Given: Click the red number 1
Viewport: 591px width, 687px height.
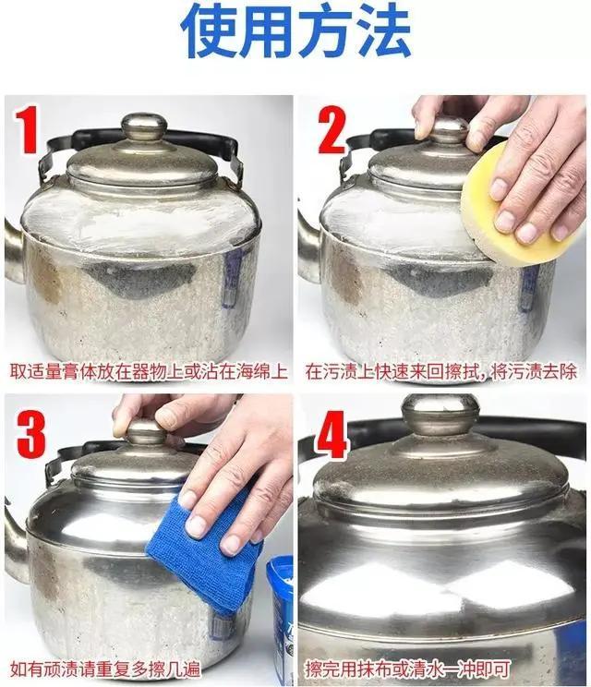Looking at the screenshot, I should point(29,130).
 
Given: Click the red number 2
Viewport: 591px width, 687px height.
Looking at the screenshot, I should point(331,132).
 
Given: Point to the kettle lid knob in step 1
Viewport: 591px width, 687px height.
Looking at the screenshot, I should point(144,127).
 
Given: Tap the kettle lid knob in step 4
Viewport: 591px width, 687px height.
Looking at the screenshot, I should point(440,414).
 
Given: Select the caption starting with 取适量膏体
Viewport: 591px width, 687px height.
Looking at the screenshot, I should point(149,372).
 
